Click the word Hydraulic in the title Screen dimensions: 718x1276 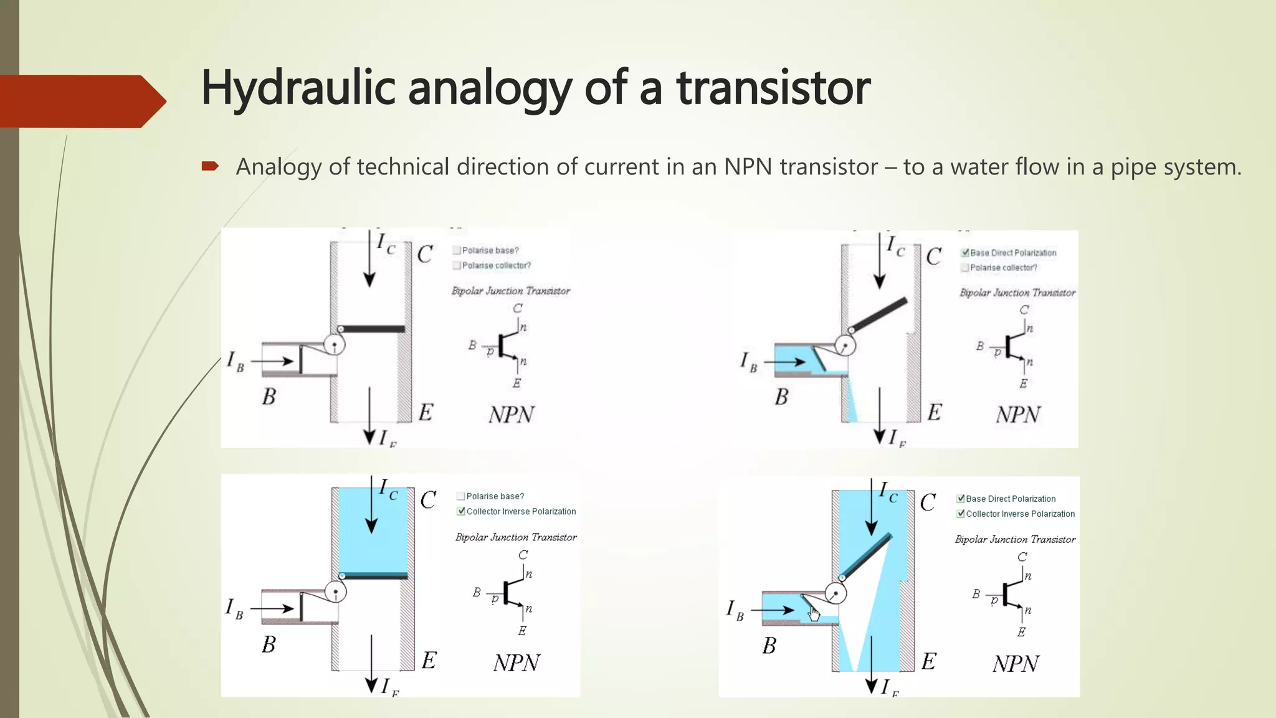tap(298, 89)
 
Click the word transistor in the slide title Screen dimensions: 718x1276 tap(773, 89)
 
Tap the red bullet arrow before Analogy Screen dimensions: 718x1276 tap(210, 166)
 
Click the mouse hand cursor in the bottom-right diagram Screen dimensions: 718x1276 tap(814, 614)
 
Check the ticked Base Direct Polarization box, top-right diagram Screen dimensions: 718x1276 tap(965, 252)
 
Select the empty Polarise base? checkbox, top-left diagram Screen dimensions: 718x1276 tap(457, 251)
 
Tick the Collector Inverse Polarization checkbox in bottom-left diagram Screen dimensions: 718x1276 tap(461, 511)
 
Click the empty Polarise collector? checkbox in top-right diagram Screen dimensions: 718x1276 tap(965, 268)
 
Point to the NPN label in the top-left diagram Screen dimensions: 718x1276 tap(511, 414)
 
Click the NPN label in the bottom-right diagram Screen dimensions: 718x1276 tap(1016, 664)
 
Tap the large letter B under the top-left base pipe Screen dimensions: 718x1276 tap(269, 396)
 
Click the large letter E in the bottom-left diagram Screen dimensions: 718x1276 tap(429, 660)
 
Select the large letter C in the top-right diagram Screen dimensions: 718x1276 tap(933, 256)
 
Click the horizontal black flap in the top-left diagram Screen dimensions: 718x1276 tap(373, 328)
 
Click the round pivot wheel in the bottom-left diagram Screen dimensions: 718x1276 tap(336, 592)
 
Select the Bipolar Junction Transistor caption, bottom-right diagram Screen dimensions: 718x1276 tap(1015, 539)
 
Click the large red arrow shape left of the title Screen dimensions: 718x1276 tap(81, 101)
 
